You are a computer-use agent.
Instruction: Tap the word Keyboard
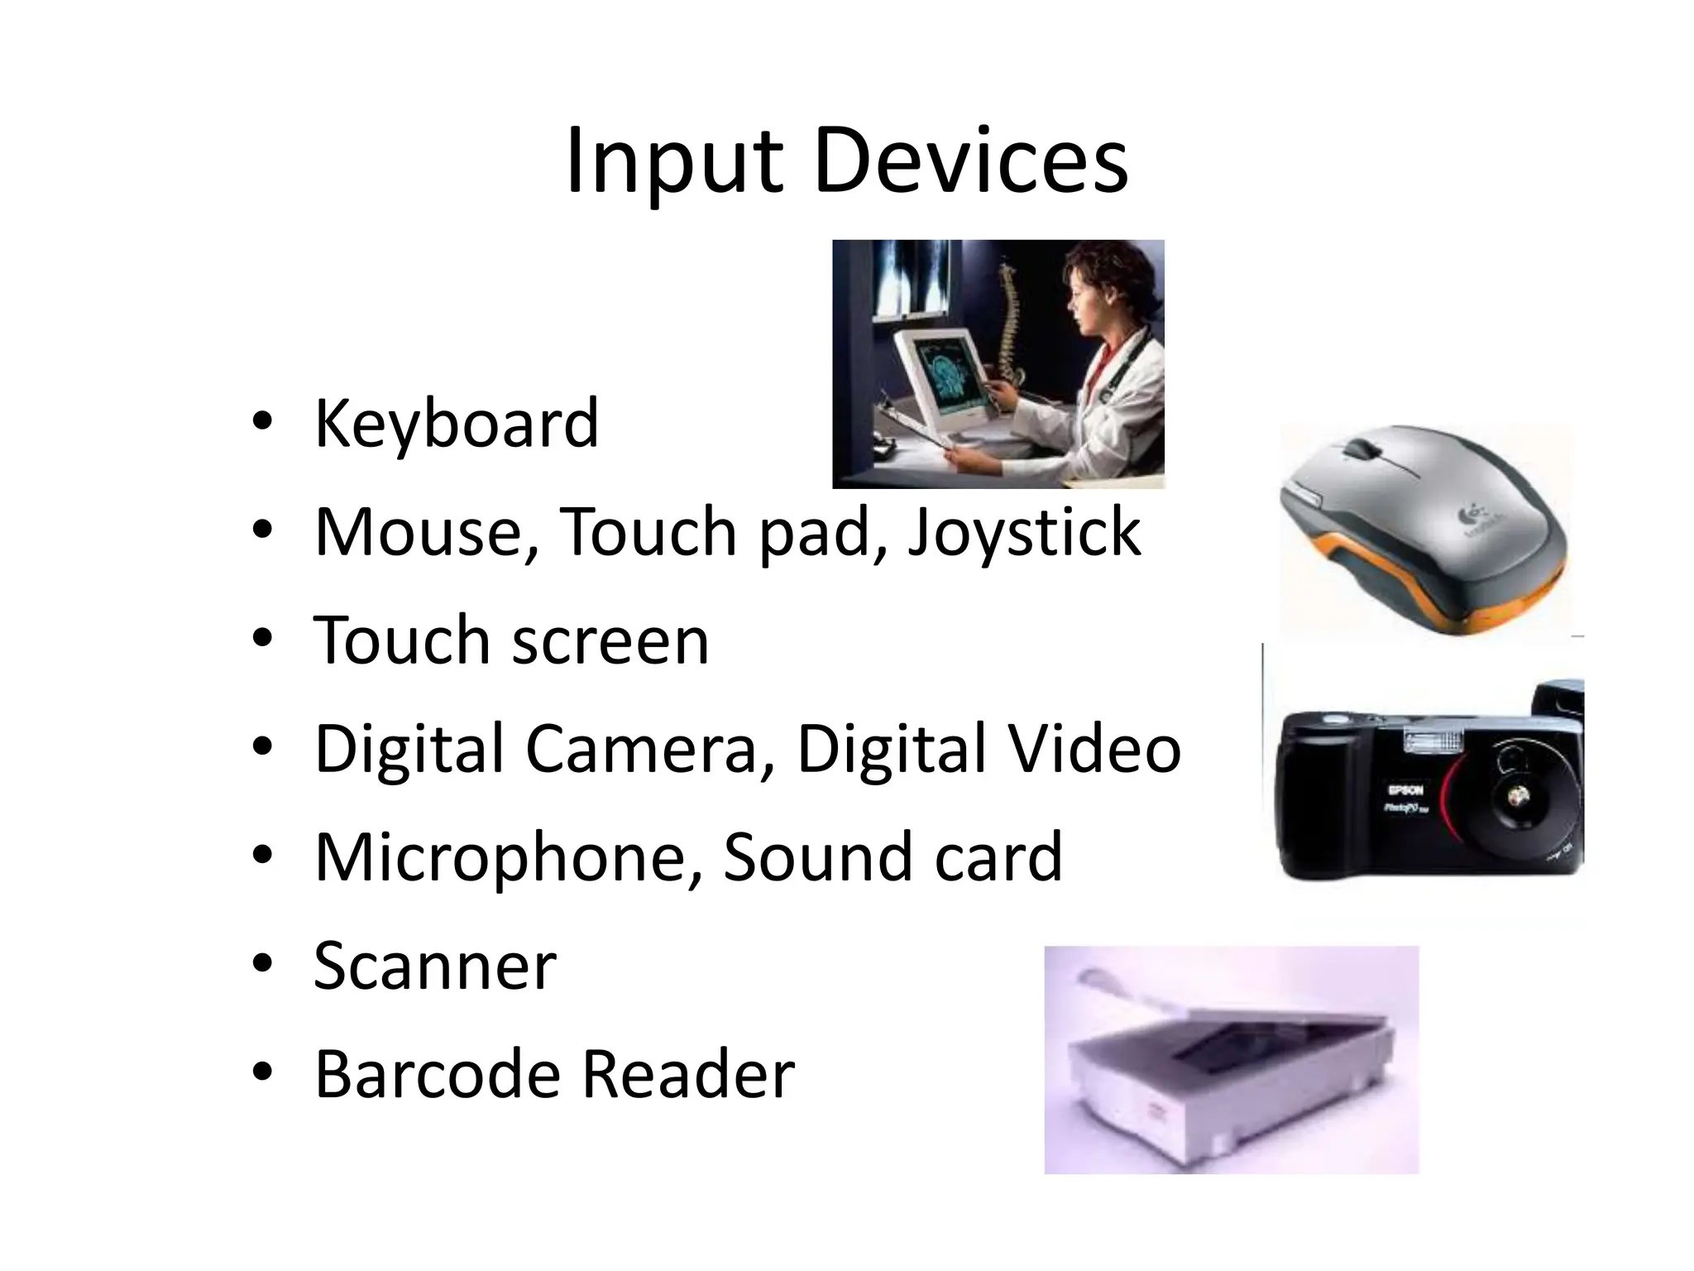coord(456,424)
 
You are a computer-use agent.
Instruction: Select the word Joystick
coord(1024,532)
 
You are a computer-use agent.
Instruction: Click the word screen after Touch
coord(610,640)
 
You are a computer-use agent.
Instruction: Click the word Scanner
coord(435,966)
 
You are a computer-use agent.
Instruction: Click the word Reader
coord(688,1074)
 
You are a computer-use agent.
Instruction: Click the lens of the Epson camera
coord(1518,798)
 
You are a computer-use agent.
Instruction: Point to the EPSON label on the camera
coord(1404,790)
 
